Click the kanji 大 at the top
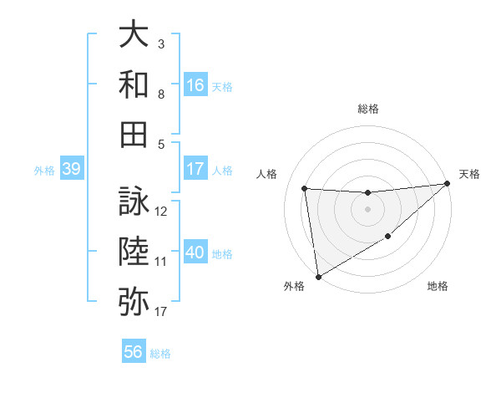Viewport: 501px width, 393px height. pos(134,35)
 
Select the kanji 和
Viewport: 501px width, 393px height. pos(134,84)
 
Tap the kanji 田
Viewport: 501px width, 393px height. pos(134,134)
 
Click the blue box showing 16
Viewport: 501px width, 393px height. pos(195,85)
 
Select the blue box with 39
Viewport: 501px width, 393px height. pos(71,170)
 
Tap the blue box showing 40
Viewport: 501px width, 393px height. pos(195,253)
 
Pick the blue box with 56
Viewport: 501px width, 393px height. pos(134,352)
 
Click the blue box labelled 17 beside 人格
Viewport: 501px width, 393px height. pos(195,169)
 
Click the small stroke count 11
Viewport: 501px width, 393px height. pos(161,262)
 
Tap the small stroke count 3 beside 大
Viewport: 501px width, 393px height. pos(161,44)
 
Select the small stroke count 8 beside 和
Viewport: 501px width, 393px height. pos(161,94)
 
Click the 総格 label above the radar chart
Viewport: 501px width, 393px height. pos(368,109)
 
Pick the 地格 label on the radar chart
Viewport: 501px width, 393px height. pos(438,286)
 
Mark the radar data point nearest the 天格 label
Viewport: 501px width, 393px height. pos(447,185)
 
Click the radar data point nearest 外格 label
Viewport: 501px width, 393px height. pos(318,276)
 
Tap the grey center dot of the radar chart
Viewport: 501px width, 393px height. pos(367,209)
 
